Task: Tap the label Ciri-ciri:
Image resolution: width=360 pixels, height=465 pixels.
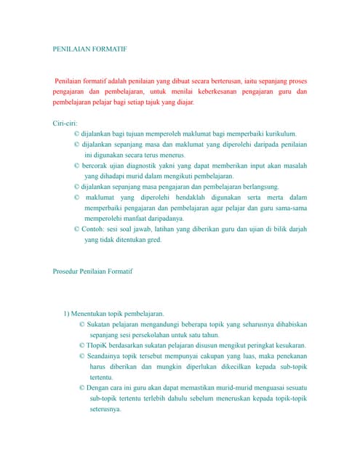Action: click(65, 124)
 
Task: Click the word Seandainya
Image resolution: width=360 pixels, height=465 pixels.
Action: click(106, 356)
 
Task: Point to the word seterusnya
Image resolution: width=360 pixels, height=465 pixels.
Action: click(105, 409)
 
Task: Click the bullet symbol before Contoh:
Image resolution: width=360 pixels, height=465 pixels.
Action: click(77, 229)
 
